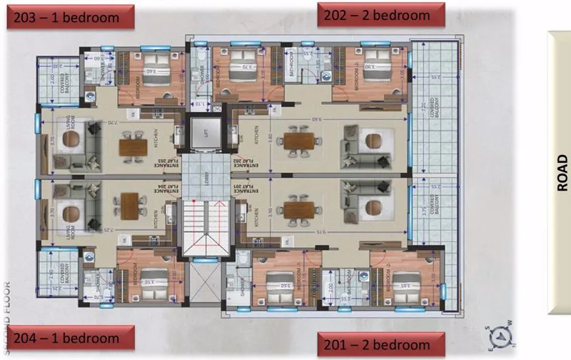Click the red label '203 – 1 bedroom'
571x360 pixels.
point(71,18)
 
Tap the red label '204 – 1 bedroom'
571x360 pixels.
point(71,338)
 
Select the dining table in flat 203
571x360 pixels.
point(133,146)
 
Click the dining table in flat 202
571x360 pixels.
point(298,141)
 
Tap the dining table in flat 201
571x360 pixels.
point(298,210)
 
